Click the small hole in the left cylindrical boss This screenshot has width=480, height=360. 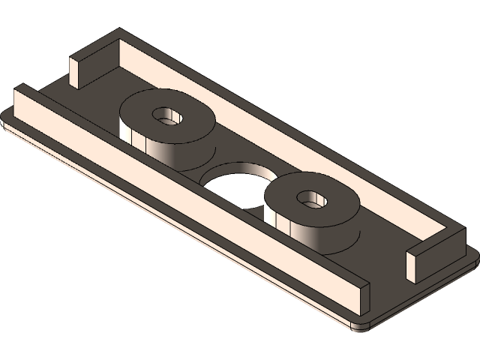pyautogui.click(x=166, y=116)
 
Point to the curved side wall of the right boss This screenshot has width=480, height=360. pyautogui.click(x=307, y=232)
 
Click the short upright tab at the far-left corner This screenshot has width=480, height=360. pyautogui.click(x=78, y=71)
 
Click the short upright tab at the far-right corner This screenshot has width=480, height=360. pyautogui.click(x=415, y=266)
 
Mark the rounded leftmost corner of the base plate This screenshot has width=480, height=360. pyautogui.click(x=7, y=118)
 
